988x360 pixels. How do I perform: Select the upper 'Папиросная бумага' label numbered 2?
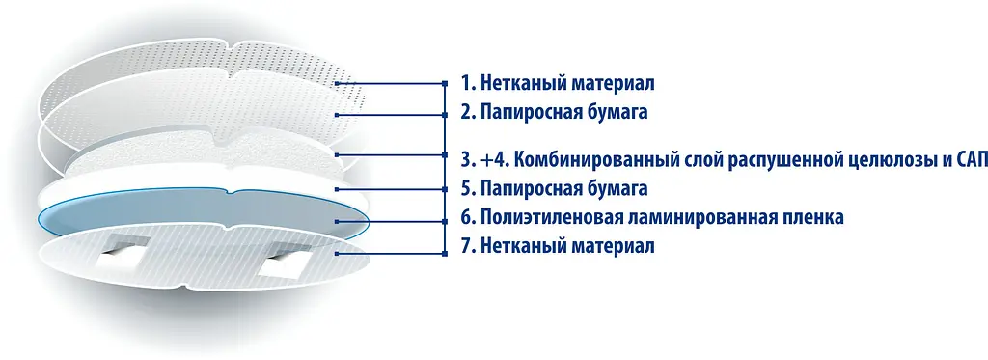[x=553, y=112]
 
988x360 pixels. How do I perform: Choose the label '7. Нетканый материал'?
[x=558, y=246]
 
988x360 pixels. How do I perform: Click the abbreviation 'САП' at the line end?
[x=967, y=158]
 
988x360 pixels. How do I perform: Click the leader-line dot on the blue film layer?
[x=336, y=221]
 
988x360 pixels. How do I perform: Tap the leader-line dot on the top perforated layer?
[x=336, y=84]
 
